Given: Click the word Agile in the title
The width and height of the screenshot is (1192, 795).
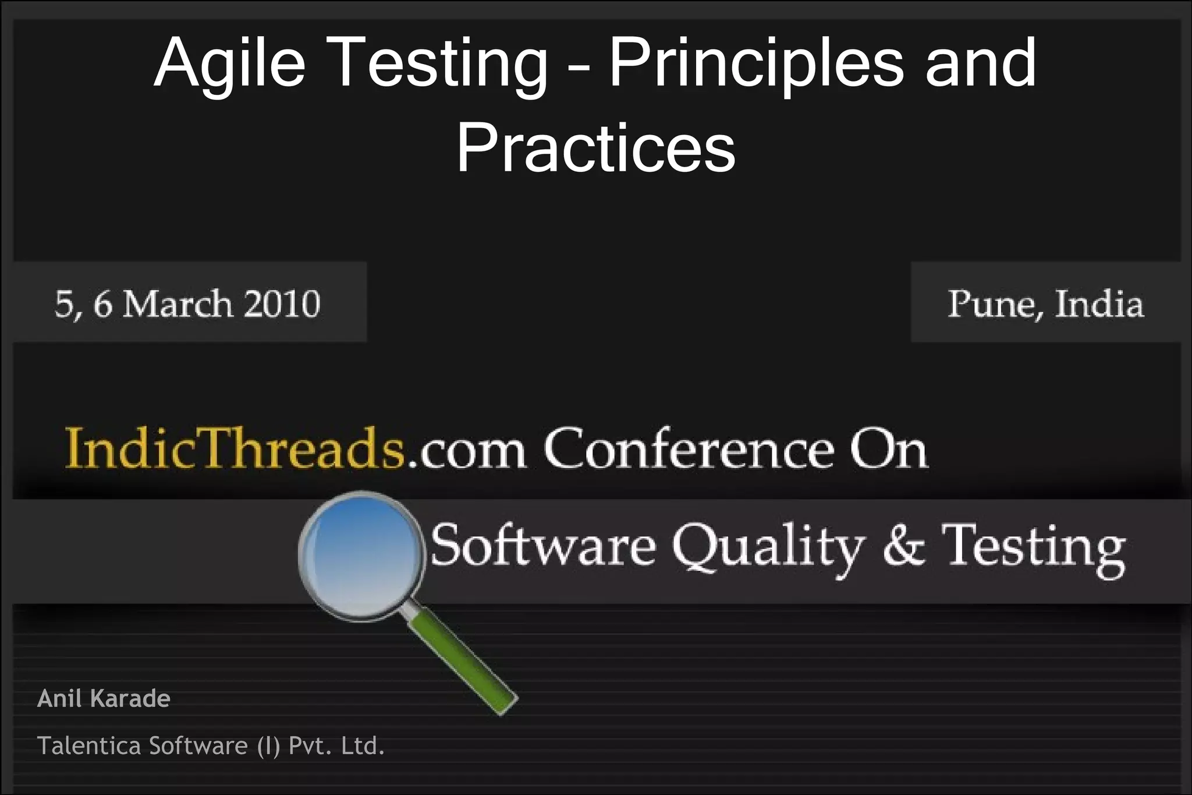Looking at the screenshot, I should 229,63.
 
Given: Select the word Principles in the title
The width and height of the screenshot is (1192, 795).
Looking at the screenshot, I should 756,63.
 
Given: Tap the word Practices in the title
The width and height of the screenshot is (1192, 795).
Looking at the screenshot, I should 595,148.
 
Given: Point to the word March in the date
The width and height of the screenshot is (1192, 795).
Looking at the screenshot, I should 177,304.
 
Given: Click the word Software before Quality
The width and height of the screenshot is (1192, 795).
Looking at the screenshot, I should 544,546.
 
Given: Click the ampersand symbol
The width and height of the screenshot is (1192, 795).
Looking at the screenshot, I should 903,546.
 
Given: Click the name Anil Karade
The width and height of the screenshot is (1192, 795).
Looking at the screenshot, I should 104,698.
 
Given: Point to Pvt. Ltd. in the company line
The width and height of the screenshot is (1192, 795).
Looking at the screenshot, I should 336,746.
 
